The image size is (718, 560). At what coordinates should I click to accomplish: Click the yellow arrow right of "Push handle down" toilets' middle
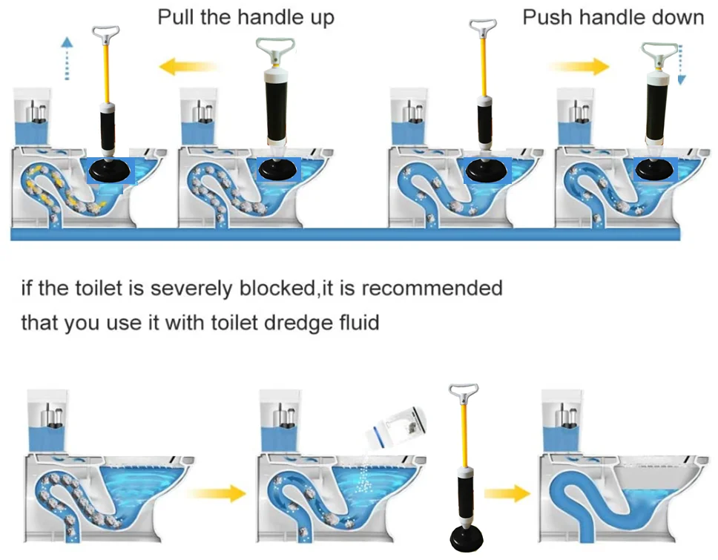tap(579, 67)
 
